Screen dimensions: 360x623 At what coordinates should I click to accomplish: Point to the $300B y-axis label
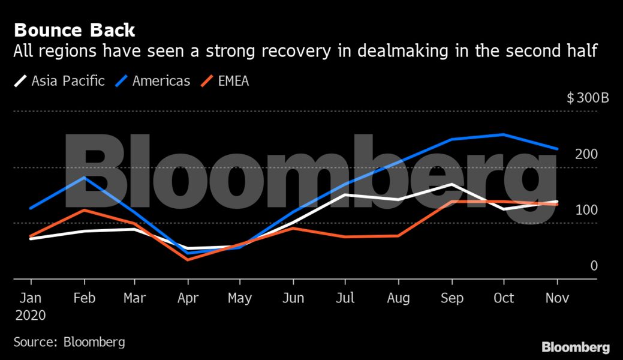588,98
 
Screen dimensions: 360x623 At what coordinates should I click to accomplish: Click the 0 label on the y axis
594,266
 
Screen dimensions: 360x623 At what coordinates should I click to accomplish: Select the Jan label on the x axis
31,298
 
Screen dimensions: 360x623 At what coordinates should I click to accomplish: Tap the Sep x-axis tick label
452,298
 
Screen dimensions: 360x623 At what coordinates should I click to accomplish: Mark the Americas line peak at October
504,134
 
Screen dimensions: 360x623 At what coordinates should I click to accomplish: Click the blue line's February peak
85,178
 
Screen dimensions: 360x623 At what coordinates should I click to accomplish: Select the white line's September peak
451,184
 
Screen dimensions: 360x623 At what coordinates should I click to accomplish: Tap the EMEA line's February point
85,210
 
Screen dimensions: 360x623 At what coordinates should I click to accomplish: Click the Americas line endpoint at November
558,149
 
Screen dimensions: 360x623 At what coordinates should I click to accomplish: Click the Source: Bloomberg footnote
70,342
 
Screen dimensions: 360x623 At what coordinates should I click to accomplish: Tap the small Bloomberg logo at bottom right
576,347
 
